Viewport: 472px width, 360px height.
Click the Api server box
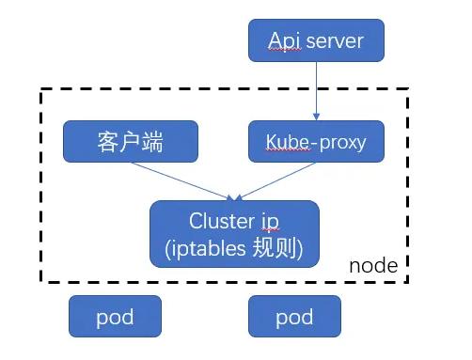[x=315, y=41]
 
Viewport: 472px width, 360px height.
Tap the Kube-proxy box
[x=315, y=141]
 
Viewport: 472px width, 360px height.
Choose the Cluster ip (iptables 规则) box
[x=235, y=235]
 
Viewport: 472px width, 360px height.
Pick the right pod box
[x=294, y=317]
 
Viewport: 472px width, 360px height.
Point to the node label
[x=373, y=266]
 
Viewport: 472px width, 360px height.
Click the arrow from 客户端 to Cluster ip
[x=179, y=180]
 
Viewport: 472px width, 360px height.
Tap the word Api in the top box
[x=282, y=41]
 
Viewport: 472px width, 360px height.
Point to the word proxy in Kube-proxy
[x=340, y=143]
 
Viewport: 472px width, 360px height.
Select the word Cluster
[x=222, y=222]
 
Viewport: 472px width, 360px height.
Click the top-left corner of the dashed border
[x=41, y=90]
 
